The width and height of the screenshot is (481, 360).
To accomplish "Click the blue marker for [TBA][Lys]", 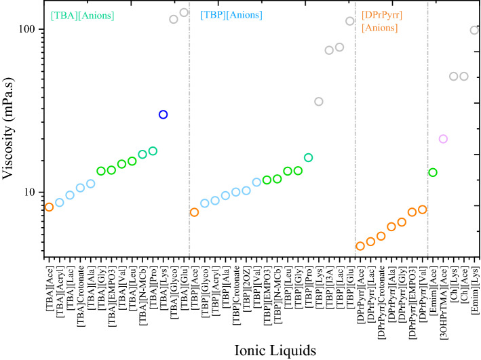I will click(x=163, y=115).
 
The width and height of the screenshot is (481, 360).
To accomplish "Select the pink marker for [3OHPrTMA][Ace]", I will click(x=443, y=139).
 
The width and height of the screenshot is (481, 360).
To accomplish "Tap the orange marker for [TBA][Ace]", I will click(x=49, y=207).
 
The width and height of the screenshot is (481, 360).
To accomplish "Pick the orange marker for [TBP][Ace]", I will click(x=194, y=212).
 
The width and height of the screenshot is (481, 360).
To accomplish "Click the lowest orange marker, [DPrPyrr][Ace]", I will click(x=360, y=246).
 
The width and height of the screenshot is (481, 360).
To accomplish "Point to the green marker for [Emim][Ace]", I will click(x=433, y=173).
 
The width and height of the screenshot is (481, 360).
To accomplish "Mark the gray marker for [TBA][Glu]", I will click(x=184, y=12).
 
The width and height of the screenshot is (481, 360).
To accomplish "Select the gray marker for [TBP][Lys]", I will click(x=319, y=102).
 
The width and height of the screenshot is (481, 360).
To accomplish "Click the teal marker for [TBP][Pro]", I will click(x=309, y=158).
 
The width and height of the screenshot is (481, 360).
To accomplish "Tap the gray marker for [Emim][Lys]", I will click(x=474, y=30).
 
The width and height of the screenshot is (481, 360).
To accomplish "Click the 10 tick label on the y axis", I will click(x=30, y=192).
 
